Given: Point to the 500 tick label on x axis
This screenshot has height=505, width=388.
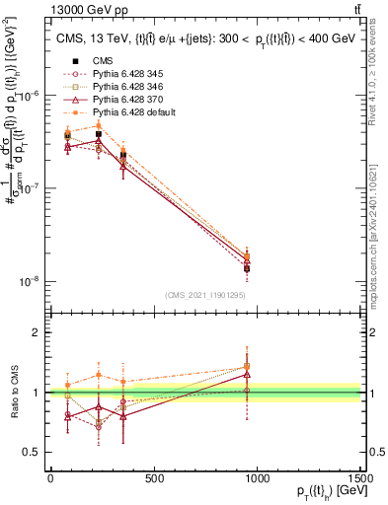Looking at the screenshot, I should coord(153,479).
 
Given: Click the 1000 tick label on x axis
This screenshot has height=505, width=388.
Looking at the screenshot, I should coord(257,479).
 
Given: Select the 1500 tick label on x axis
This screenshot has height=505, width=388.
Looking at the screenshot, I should coord(360,479).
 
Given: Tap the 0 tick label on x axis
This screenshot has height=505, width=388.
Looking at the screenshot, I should coord(50,479).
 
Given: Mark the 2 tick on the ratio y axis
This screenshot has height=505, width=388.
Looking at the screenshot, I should coord(36,333).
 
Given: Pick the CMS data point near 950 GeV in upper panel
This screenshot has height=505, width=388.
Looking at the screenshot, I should coord(247,268).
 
